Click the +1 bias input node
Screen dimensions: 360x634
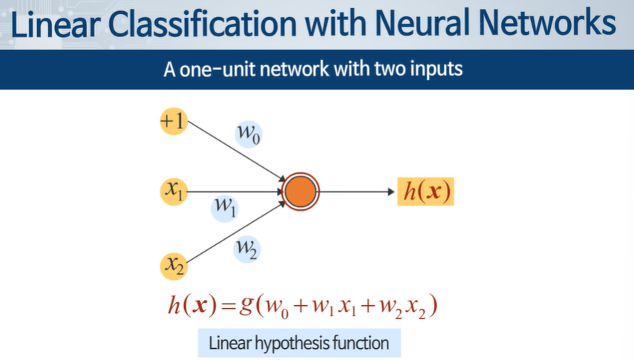(x=174, y=122)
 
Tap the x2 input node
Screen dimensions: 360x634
(x=174, y=264)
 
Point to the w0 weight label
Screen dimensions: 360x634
(x=249, y=134)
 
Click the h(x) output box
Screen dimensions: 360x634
(x=425, y=192)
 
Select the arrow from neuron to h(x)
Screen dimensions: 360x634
(x=356, y=192)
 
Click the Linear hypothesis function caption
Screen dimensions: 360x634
(x=298, y=344)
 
